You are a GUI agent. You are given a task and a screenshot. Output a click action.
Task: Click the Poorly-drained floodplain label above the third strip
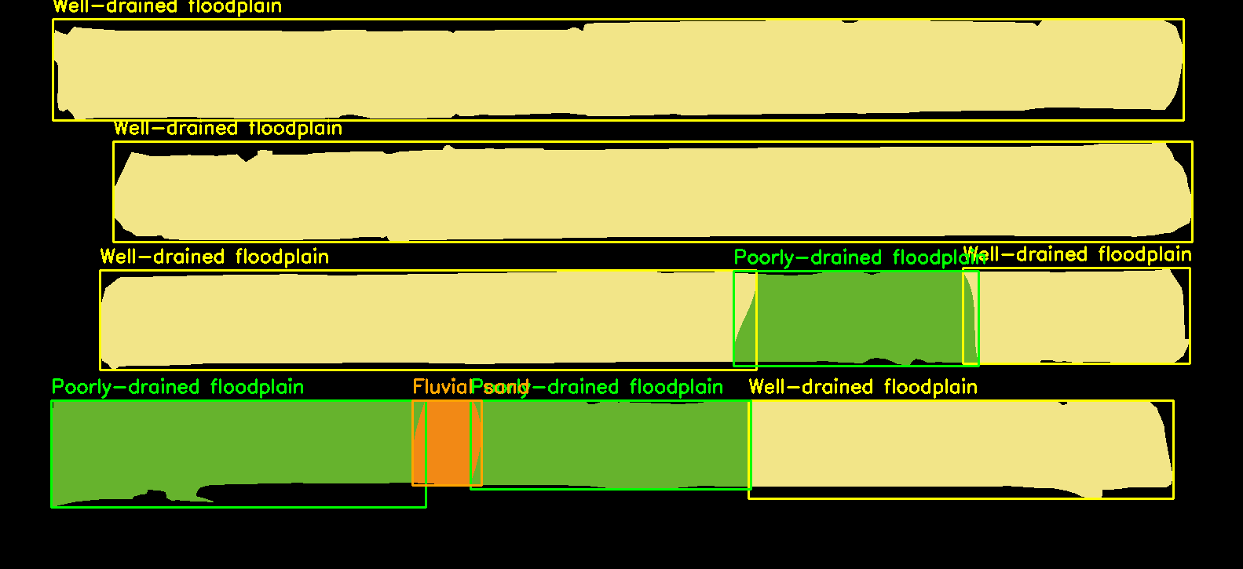[x=848, y=257]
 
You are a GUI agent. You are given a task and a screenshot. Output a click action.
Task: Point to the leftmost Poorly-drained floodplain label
[x=177, y=387]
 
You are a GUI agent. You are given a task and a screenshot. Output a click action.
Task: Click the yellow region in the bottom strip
[x=958, y=447]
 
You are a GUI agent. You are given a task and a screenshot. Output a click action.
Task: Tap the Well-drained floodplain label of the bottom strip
[x=862, y=387]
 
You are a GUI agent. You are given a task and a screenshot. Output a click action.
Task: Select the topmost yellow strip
[x=618, y=69]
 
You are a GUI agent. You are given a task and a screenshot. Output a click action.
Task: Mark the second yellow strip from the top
[x=652, y=191]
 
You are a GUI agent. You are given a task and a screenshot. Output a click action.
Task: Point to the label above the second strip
[x=228, y=128]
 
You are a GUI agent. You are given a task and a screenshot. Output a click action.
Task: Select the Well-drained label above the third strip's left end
[x=214, y=257]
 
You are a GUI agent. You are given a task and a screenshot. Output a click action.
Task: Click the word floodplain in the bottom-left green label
[x=257, y=387]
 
